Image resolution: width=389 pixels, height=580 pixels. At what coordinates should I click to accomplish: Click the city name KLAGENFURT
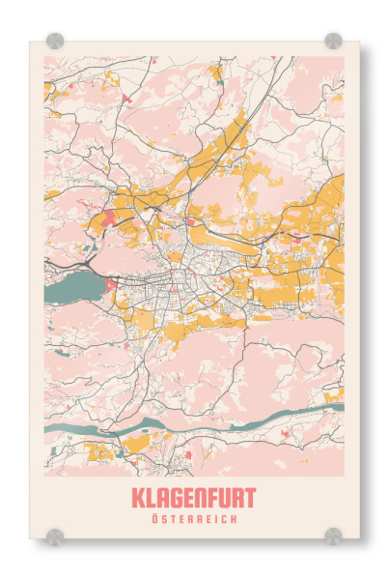pyautogui.click(x=193, y=498)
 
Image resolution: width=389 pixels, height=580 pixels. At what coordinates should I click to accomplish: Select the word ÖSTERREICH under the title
pyautogui.click(x=193, y=519)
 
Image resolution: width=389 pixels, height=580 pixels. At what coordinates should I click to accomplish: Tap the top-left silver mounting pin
pyautogui.click(x=55, y=41)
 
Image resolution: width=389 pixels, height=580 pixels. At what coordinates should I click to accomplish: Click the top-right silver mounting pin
pyautogui.click(x=333, y=41)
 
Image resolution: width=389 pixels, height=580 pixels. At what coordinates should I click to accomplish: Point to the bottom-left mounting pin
pyautogui.click(x=55, y=535)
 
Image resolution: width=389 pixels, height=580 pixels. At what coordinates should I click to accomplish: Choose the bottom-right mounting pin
pyautogui.click(x=333, y=535)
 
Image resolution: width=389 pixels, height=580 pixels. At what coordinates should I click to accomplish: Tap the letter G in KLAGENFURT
pyautogui.click(x=174, y=498)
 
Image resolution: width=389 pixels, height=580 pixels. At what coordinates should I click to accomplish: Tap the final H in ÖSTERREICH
pyautogui.click(x=233, y=519)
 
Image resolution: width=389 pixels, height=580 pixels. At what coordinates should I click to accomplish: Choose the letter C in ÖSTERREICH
pyautogui.click(x=223, y=519)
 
